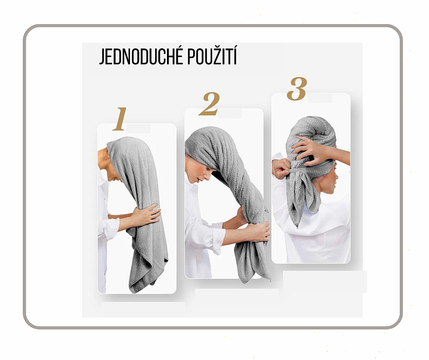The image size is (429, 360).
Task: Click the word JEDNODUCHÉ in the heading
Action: click(141, 57)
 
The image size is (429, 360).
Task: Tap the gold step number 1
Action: click(120, 119)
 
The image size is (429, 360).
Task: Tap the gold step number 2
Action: click(209, 104)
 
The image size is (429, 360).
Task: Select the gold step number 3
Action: click(297, 88)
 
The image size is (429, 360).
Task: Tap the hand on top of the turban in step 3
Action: click(308, 149)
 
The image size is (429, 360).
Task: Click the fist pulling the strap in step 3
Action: click(280, 169)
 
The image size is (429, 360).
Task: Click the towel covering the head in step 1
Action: click(128, 153)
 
